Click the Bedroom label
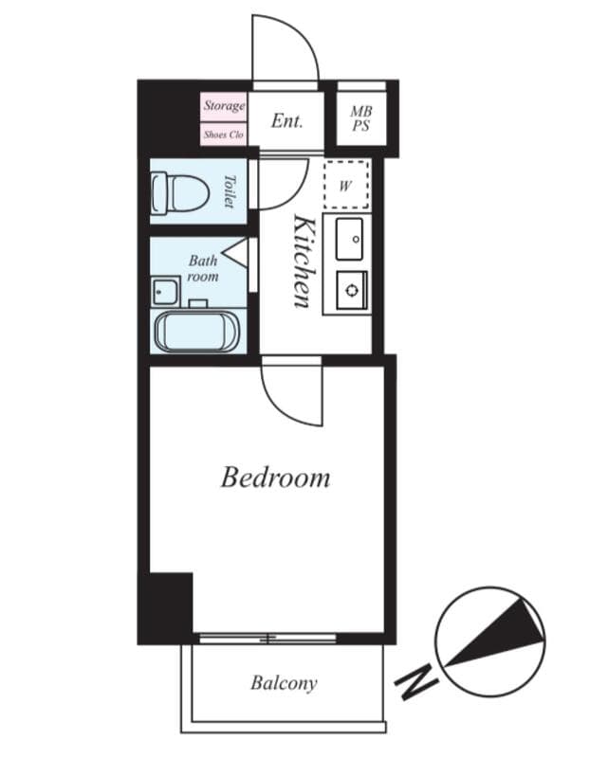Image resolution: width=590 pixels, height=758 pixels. click(275, 477)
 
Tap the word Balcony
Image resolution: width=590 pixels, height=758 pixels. click(284, 682)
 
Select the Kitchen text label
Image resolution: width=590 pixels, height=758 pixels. click(304, 260)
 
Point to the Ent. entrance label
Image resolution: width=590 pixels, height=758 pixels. click(286, 120)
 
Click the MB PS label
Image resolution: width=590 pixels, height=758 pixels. click(360, 119)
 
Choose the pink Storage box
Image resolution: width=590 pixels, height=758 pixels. click(224, 106)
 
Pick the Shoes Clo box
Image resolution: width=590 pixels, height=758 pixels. click(224, 135)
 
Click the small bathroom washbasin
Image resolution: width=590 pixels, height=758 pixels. click(164, 291)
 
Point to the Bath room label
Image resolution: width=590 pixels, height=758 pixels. click(202, 268)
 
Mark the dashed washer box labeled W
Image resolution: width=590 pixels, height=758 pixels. click(344, 186)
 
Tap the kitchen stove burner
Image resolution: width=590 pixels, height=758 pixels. click(350, 289)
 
